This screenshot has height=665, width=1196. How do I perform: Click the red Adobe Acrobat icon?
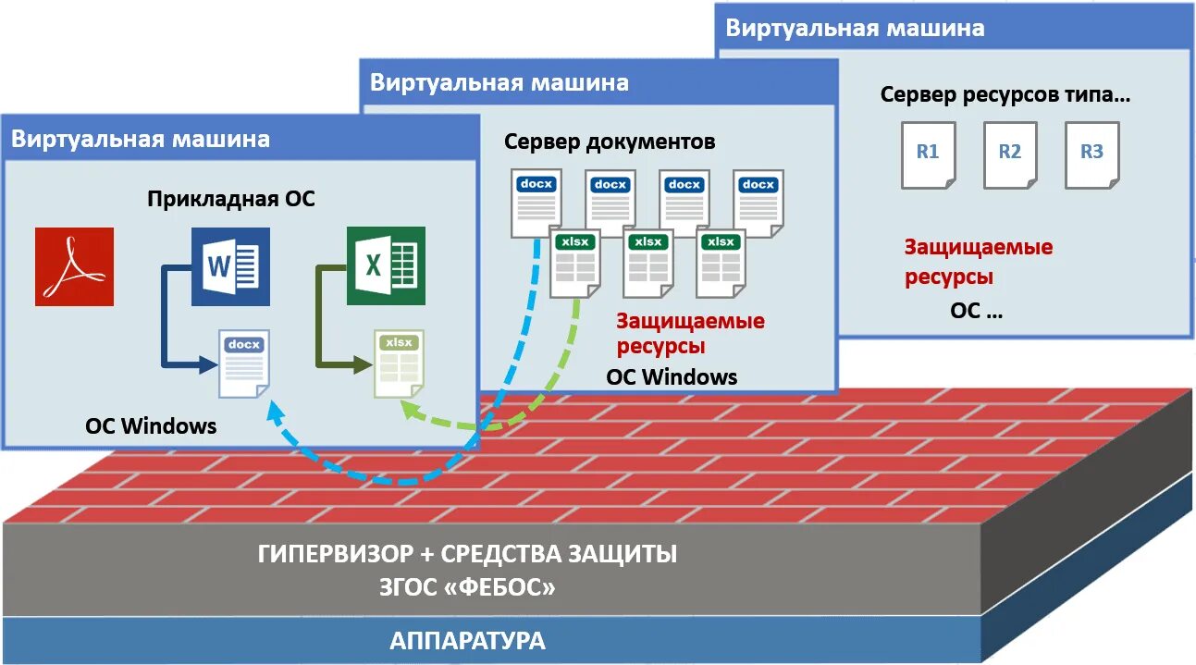pyautogui.click(x=74, y=266)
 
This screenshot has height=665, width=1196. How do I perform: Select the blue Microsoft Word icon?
pyautogui.click(x=230, y=266)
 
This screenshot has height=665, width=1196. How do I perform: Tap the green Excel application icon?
pyautogui.click(x=386, y=265)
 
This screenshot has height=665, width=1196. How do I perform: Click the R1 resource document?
pyautogui.click(x=928, y=154)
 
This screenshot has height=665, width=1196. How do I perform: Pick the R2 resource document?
pyautogui.click(x=1009, y=154)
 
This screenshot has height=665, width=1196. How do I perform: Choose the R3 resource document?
pyautogui.click(x=1091, y=154)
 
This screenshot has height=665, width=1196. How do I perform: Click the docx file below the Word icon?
pyautogui.click(x=243, y=363)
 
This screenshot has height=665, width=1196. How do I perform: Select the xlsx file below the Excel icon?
pyautogui.click(x=399, y=363)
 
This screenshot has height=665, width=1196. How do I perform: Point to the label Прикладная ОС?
pyautogui.click(x=231, y=199)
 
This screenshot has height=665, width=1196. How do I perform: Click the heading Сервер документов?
pyautogui.click(x=610, y=142)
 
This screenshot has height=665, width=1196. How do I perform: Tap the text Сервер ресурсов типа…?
pyautogui.click(x=1005, y=94)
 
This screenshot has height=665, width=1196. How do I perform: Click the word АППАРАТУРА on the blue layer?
pyautogui.click(x=467, y=641)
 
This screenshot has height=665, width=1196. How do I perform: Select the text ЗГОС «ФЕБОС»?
pyautogui.click(x=467, y=587)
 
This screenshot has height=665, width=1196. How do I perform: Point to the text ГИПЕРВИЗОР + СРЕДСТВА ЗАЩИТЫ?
pyautogui.click(x=467, y=555)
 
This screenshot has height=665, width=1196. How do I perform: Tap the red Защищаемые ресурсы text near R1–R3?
pyautogui.click(x=978, y=262)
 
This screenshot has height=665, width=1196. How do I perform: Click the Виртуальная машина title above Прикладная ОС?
pyautogui.click(x=141, y=139)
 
